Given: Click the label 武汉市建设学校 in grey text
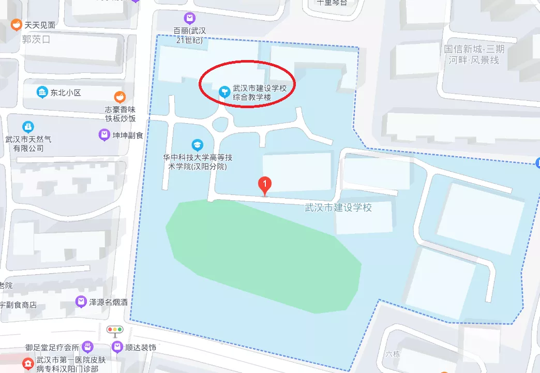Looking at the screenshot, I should [x=338, y=208].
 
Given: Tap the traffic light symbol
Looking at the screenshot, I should [x=115, y=330].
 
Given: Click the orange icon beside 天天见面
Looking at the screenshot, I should [x=17, y=24].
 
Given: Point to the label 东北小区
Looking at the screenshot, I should [x=66, y=93].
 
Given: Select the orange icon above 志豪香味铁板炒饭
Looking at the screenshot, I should [x=120, y=96].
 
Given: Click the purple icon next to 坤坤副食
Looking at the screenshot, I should [x=104, y=135].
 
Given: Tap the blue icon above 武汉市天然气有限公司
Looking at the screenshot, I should [x=28, y=127].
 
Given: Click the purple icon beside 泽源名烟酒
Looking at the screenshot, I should [x=81, y=301].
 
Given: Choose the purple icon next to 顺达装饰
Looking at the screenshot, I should [x=117, y=347].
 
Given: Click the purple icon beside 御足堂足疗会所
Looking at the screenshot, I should [x=88, y=346].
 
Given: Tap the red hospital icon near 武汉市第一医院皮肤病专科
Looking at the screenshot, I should [x=27, y=364].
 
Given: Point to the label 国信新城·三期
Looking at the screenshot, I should [x=474, y=50].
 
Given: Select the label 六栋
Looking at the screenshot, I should [x=393, y=354].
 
